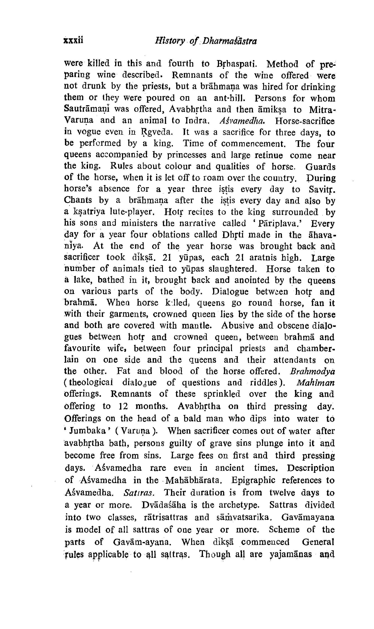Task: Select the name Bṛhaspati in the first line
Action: point(236,64)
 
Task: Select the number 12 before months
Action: point(124,406)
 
